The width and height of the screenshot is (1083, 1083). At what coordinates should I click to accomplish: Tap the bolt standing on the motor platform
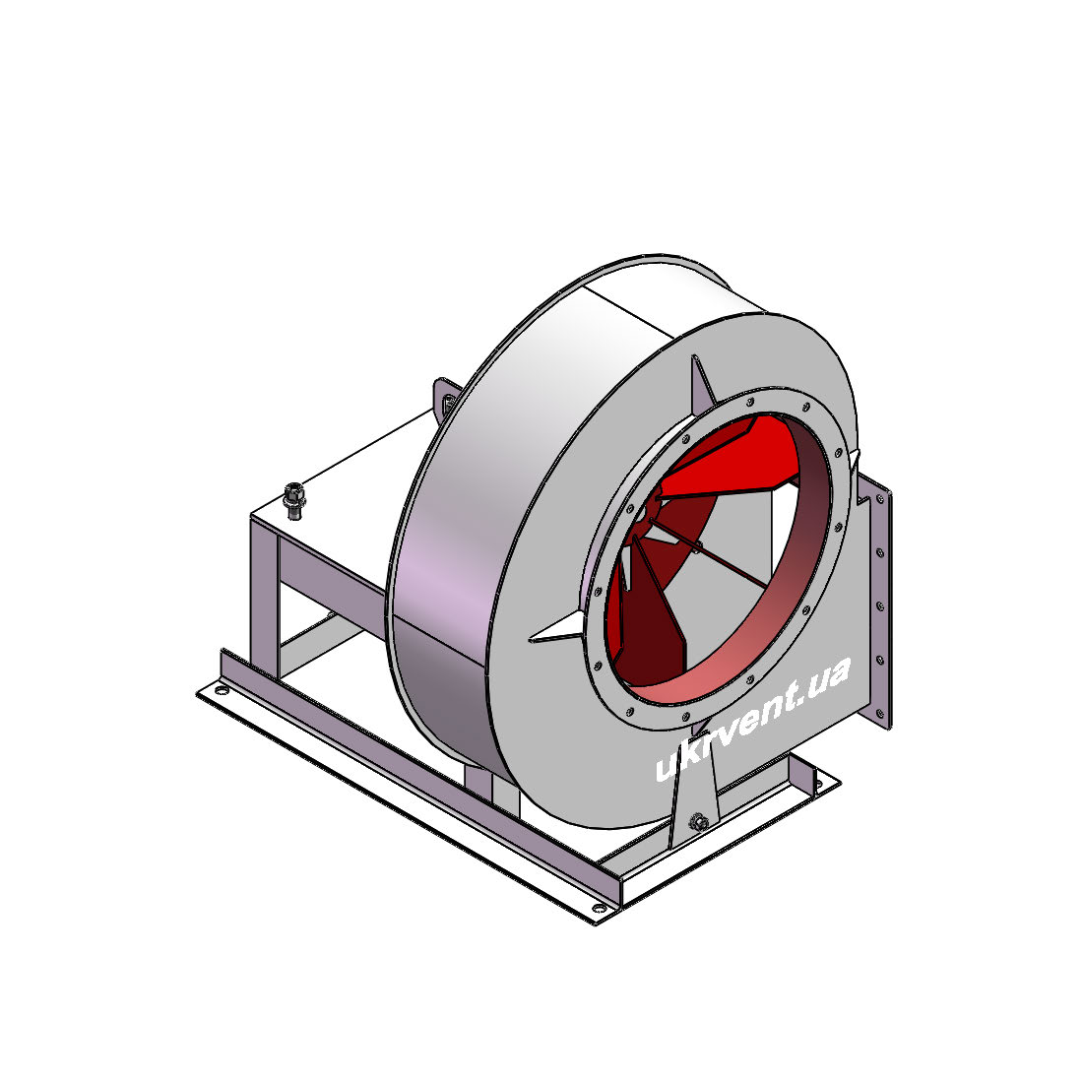[x=294, y=501]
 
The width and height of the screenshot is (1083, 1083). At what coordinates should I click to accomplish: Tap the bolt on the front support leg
[x=698, y=821]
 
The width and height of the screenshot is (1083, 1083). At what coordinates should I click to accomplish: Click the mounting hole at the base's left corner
[x=221, y=690]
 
